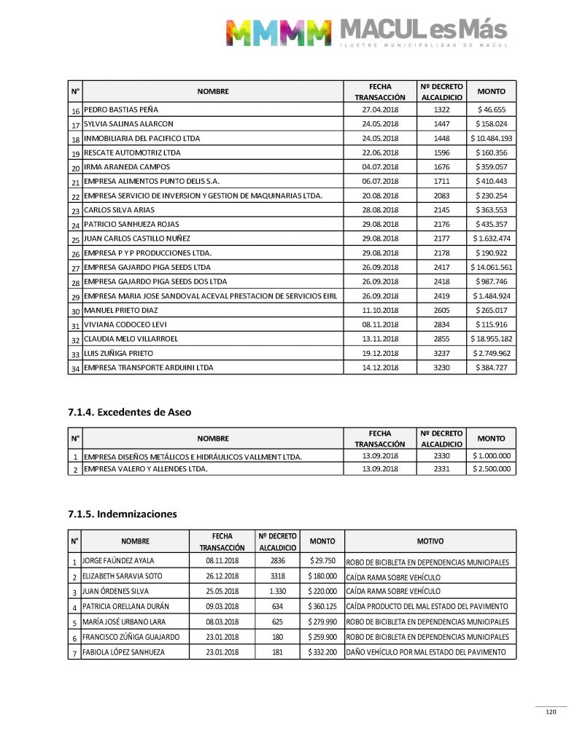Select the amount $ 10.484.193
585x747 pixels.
point(491,138)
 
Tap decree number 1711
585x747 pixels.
point(441,181)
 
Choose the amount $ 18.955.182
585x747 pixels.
point(491,339)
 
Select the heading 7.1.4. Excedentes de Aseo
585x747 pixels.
point(130,412)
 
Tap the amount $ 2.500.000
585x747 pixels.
point(491,469)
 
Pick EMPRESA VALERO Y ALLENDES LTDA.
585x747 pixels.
point(146,469)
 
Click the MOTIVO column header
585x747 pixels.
point(430,541)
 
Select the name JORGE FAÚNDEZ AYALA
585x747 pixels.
point(118,562)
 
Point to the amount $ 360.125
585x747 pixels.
point(322,607)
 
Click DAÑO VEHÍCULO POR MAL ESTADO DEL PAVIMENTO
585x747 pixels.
point(426,651)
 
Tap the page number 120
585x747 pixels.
point(551,713)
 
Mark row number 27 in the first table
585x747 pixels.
point(75,268)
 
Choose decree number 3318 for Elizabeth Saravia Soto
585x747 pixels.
point(276,576)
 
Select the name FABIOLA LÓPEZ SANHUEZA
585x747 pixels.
point(123,651)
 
